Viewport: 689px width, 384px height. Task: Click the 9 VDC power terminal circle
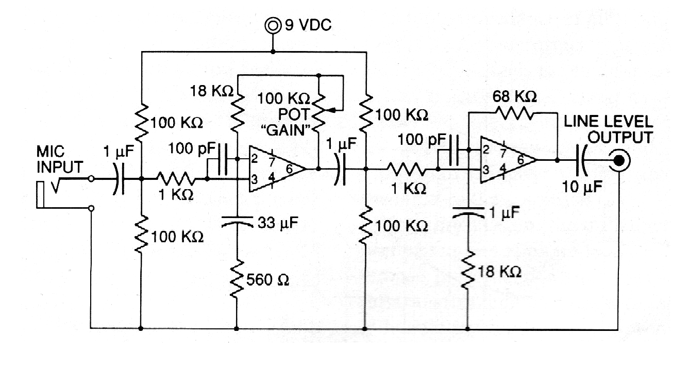point(273,26)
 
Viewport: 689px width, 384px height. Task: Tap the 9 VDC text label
point(308,25)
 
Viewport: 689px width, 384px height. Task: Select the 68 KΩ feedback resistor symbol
point(515,113)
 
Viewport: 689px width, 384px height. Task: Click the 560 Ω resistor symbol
point(237,279)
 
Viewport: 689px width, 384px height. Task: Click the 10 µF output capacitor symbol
point(581,160)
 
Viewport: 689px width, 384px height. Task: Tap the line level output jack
point(619,160)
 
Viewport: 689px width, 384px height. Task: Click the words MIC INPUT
point(59,159)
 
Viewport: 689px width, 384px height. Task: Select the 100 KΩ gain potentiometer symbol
point(320,112)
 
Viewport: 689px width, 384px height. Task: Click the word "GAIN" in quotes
point(285,130)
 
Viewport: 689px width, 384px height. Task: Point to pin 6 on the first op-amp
point(289,169)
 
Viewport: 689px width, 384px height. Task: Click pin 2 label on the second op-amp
point(486,149)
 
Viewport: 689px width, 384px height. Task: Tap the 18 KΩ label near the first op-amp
point(212,91)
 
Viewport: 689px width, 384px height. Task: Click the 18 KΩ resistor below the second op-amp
point(467,270)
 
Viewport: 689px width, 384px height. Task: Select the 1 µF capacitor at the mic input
point(119,178)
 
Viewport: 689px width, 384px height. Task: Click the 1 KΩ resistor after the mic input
point(176,178)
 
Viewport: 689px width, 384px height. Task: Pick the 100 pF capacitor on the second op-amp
point(454,150)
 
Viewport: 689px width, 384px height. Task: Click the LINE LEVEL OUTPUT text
point(608,129)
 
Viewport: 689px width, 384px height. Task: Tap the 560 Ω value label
point(267,280)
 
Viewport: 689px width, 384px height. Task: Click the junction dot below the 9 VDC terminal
point(273,52)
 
